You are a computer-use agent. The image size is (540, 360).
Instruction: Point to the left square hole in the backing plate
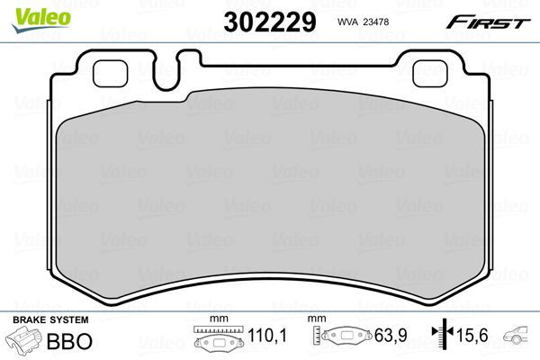(x=113, y=71)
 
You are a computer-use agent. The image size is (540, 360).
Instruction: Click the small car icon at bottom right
(x=519, y=338)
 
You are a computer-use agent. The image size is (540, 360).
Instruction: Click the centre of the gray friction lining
(x=269, y=193)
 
